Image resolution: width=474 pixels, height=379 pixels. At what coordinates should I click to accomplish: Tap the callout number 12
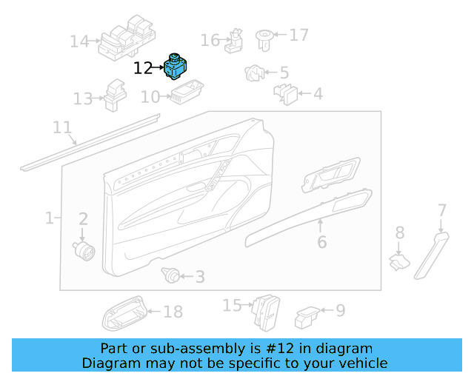[x=143, y=69]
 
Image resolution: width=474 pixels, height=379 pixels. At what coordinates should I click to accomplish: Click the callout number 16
[x=210, y=40]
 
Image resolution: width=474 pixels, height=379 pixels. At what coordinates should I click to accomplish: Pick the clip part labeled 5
[x=253, y=73]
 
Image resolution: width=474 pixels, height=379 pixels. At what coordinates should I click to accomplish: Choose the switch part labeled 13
[x=116, y=95]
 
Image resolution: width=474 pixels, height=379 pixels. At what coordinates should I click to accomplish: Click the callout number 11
[x=63, y=127]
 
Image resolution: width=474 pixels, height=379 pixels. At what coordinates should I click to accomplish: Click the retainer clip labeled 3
[x=171, y=276]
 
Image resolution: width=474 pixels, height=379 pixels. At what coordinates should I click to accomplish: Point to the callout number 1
[x=49, y=218]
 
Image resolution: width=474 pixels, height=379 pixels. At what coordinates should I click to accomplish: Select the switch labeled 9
[x=306, y=318]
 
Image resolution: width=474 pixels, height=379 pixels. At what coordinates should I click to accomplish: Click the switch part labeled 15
[x=265, y=311]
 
